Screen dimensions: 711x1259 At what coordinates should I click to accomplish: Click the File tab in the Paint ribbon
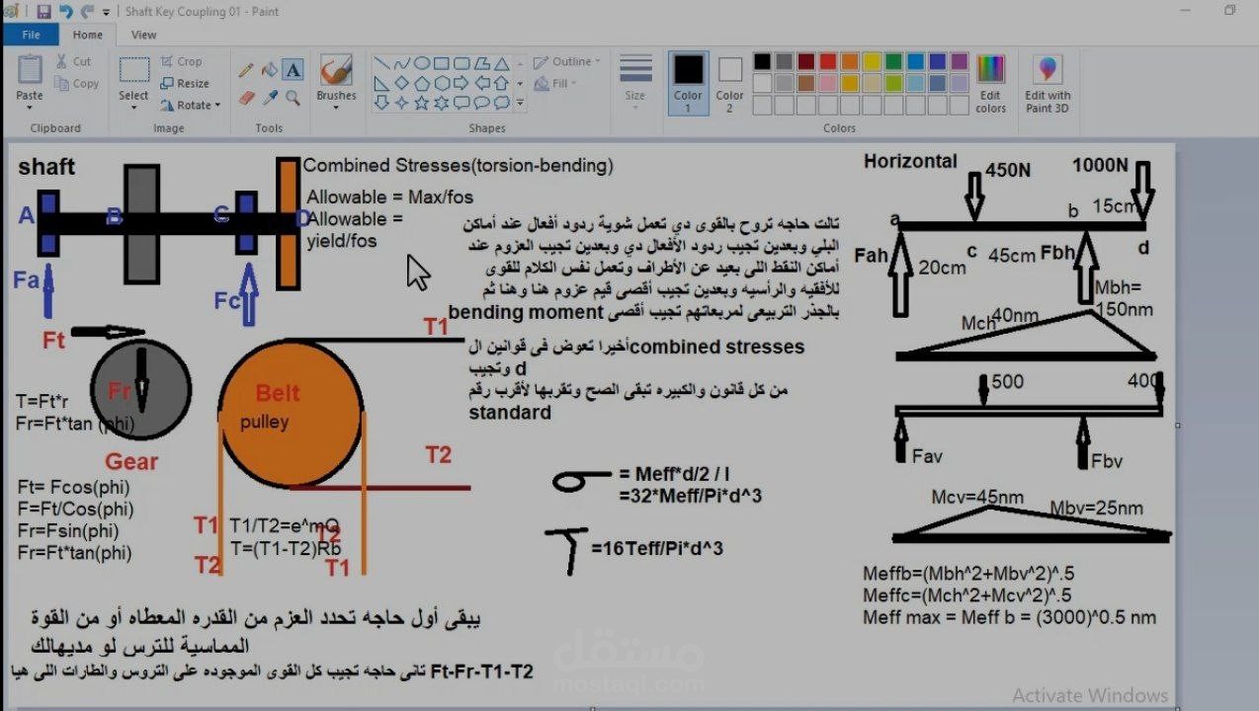31,35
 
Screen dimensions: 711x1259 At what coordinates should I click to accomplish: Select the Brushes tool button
336,78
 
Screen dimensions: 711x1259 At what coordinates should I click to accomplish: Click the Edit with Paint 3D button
1047,83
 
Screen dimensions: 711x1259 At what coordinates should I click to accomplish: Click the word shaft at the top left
46,167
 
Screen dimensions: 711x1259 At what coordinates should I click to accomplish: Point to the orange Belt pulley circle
291,415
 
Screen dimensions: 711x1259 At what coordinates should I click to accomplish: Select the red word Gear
131,461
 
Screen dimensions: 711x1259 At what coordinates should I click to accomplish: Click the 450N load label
1008,170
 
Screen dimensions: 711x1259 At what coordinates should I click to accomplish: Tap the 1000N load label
1100,165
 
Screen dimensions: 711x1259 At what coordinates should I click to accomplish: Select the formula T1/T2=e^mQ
284,525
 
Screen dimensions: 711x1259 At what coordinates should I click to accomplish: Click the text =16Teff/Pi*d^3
657,548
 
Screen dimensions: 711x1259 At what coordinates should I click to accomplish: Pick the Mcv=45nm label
976,498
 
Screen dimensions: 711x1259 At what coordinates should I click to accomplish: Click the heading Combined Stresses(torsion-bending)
458,166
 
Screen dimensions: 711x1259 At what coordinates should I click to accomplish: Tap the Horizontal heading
910,162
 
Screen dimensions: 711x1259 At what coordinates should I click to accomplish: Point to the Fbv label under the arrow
1107,461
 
